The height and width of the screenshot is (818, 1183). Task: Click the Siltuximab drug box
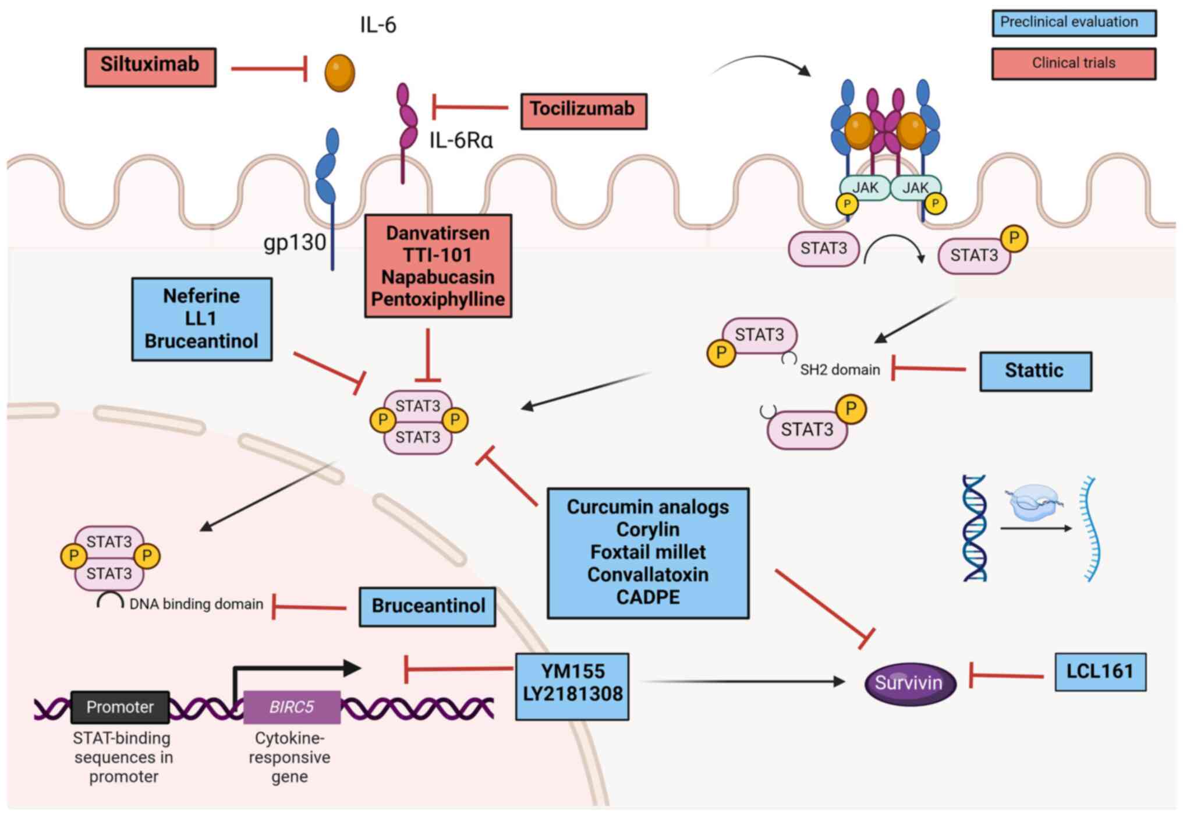[150, 67]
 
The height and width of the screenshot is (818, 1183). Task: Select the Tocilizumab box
[583, 111]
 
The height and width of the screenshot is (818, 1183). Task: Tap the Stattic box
[1035, 371]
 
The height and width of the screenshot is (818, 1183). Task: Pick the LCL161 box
[1100, 672]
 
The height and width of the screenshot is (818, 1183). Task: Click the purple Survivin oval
[909, 683]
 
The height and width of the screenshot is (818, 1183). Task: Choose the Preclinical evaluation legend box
[1073, 23]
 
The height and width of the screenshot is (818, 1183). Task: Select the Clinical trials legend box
[1073, 63]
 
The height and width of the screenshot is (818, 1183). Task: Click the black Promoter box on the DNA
[120, 707]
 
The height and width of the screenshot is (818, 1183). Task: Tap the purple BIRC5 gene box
[292, 707]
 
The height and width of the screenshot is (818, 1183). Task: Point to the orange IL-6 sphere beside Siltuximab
[339, 73]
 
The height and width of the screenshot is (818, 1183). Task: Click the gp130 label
[295, 242]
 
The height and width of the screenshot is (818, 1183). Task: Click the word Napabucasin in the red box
[438, 277]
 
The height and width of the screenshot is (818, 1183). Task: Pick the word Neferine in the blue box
[201, 296]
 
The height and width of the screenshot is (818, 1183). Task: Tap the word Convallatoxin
[648, 575]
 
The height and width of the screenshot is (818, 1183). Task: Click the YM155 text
[573, 671]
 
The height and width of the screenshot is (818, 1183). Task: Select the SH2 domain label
[840, 370]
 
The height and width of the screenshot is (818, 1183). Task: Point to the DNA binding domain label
[196, 604]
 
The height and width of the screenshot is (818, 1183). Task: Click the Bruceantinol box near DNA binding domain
[427, 606]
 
